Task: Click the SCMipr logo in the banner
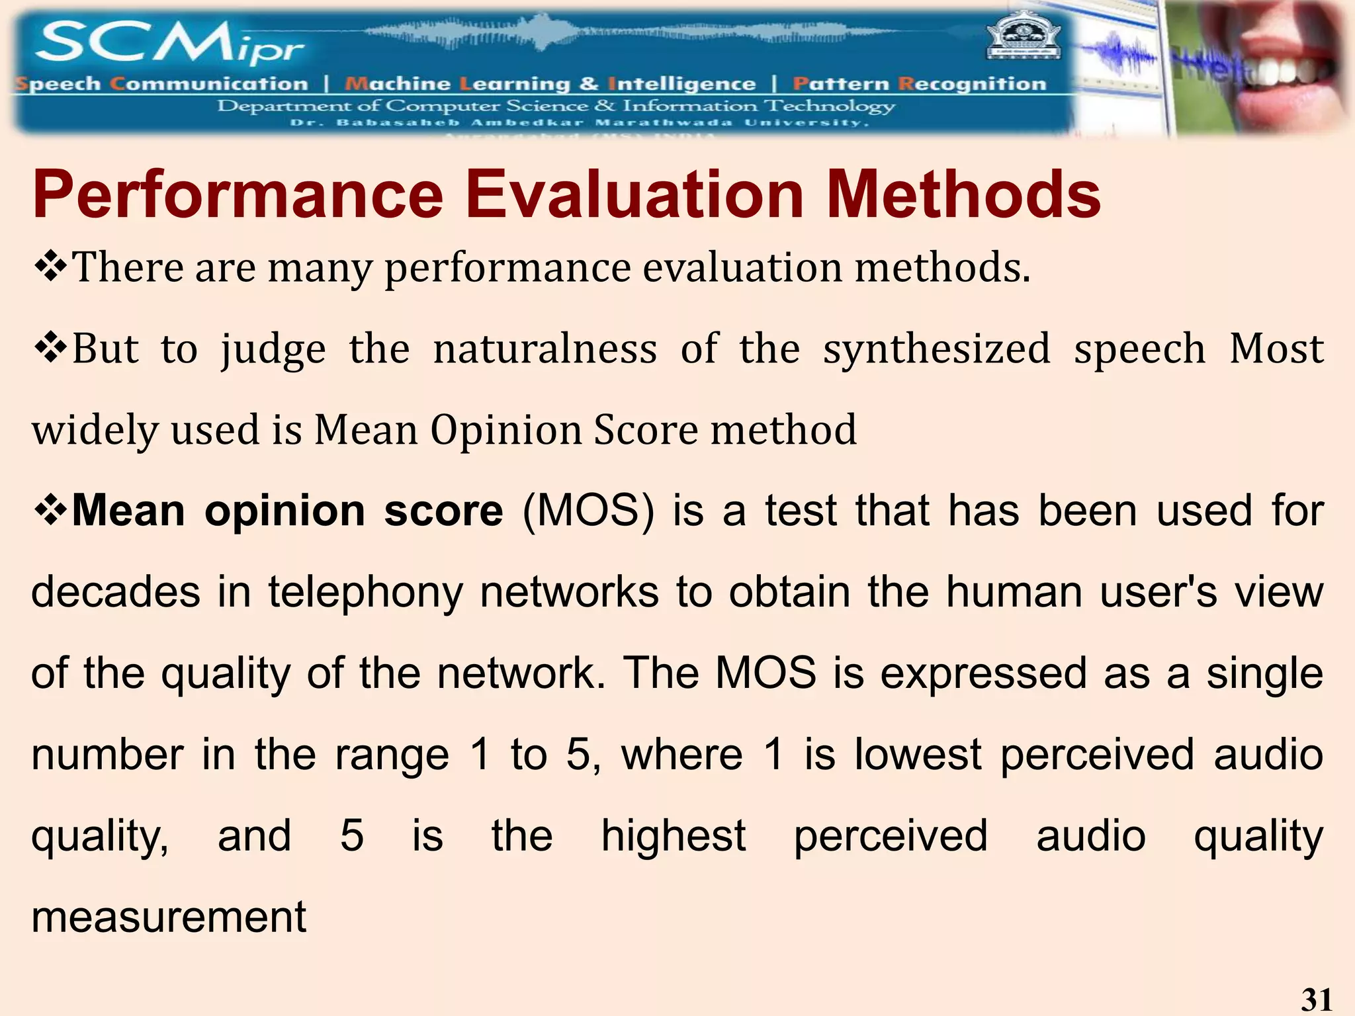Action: coord(169,44)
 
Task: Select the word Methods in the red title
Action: coord(963,194)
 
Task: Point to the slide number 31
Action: coord(1316,999)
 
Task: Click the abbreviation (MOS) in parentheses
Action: coord(588,511)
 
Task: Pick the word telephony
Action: coord(365,592)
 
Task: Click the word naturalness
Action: coord(545,349)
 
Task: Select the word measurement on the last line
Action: coord(169,917)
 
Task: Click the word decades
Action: coord(116,592)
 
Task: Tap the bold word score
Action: coord(443,511)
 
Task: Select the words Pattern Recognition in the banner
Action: coord(920,84)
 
